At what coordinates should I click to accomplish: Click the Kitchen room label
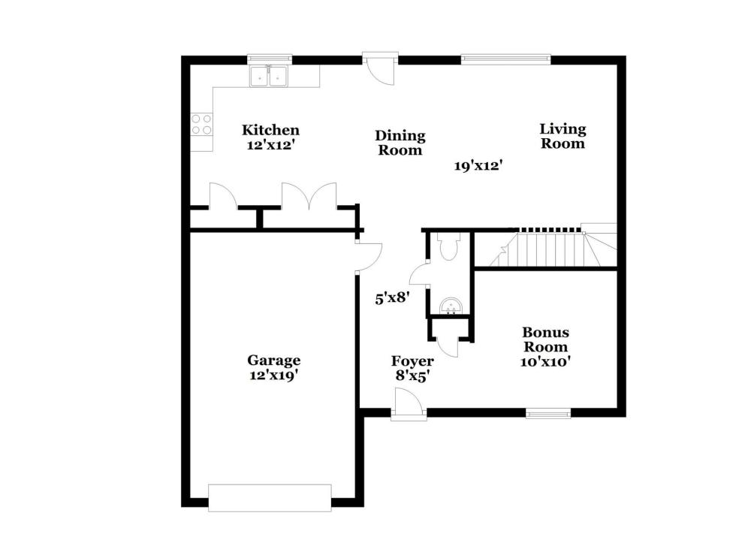click(270, 130)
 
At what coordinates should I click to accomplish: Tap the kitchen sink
click(268, 77)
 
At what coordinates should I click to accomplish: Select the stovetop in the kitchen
click(201, 124)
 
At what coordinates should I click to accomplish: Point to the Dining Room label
click(400, 143)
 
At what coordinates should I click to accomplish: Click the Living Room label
click(562, 136)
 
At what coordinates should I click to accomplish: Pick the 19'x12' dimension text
click(478, 166)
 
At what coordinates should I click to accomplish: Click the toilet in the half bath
click(449, 246)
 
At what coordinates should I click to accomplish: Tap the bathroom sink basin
click(451, 306)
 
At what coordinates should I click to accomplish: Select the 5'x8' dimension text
click(392, 298)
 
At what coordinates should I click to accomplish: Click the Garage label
click(274, 360)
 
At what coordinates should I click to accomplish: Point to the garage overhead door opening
click(270, 498)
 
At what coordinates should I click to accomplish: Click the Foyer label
click(412, 360)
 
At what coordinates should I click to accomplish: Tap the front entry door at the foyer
click(408, 405)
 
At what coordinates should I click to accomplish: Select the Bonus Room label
click(545, 339)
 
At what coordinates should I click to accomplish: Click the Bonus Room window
click(548, 413)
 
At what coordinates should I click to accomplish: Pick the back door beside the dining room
click(380, 68)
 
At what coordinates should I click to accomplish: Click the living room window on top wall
click(505, 59)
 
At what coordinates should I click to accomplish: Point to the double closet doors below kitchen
click(309, 196)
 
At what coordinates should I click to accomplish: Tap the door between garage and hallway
click(369, 257)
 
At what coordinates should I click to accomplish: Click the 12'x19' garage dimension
click(274, 376)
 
